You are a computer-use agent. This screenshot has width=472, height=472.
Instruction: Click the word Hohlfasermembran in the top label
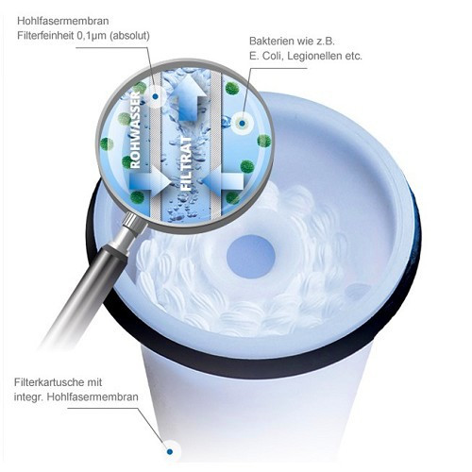(63, 21)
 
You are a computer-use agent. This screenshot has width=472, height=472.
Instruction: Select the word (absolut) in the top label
(129, 36)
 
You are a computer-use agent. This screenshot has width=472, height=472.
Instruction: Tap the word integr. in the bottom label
(28, 397)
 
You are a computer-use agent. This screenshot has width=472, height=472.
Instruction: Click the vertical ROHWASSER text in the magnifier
(135, 129)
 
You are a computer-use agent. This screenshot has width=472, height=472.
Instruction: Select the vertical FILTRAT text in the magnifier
(186, 163)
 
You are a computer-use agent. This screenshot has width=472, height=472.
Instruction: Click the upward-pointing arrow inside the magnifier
(188, 97)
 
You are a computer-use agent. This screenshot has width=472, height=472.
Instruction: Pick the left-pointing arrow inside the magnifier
(223, 181)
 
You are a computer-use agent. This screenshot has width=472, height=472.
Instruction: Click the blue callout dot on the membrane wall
(156, 97)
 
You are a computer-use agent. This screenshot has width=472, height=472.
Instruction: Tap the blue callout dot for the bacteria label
(242, 124)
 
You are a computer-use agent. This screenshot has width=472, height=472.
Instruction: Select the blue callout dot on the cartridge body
(170, 452)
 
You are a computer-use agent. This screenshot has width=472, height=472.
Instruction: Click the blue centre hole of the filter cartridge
(251, 257)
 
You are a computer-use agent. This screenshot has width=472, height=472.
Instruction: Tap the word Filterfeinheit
(45, 36)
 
